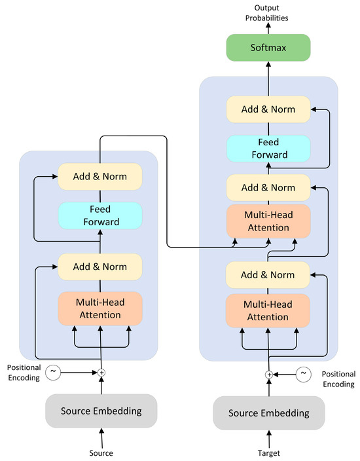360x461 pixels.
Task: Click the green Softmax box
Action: [268, 48]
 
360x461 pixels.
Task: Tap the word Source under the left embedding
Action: [101, 452]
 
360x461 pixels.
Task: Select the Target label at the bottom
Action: [268, 452]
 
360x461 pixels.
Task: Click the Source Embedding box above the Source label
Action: [101, 411]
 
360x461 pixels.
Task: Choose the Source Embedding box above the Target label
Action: [268, 413]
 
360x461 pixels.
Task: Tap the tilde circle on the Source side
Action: [53, 371]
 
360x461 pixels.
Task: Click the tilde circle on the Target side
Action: [303, 374]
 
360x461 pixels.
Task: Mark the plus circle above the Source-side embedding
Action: [101, 372]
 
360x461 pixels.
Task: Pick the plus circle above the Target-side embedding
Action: [268, 374]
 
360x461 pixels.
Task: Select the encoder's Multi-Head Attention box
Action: [100, 308]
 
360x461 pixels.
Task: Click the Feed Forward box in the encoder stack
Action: [100, 215]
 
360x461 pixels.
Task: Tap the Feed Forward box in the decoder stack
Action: [268, 149]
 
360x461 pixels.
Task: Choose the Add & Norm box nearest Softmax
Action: [268, 109]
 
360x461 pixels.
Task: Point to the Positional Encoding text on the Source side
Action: [23, 373]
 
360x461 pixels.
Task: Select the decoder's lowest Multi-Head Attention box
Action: [268, 311]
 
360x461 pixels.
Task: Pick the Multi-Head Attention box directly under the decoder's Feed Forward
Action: [268, 221]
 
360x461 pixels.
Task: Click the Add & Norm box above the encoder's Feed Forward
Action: [100, 176]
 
